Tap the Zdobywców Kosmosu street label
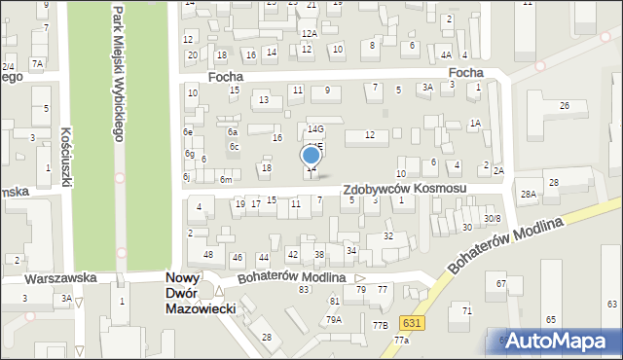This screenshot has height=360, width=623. point(403,188)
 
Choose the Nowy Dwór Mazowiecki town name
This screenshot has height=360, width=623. point(193,291)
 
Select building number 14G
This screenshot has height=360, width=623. point(315,128)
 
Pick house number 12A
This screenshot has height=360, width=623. point(309,34)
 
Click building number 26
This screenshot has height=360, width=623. point(564,105)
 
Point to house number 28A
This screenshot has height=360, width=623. point(528,195)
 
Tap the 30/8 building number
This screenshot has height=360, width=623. point(493,218)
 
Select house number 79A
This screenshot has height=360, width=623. point(334,319)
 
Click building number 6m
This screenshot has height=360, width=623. point(226,180)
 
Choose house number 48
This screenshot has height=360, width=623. point(208,255)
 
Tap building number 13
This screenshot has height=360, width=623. point(263,100)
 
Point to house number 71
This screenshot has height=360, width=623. point(466,310)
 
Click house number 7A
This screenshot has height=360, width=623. point(37,63)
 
